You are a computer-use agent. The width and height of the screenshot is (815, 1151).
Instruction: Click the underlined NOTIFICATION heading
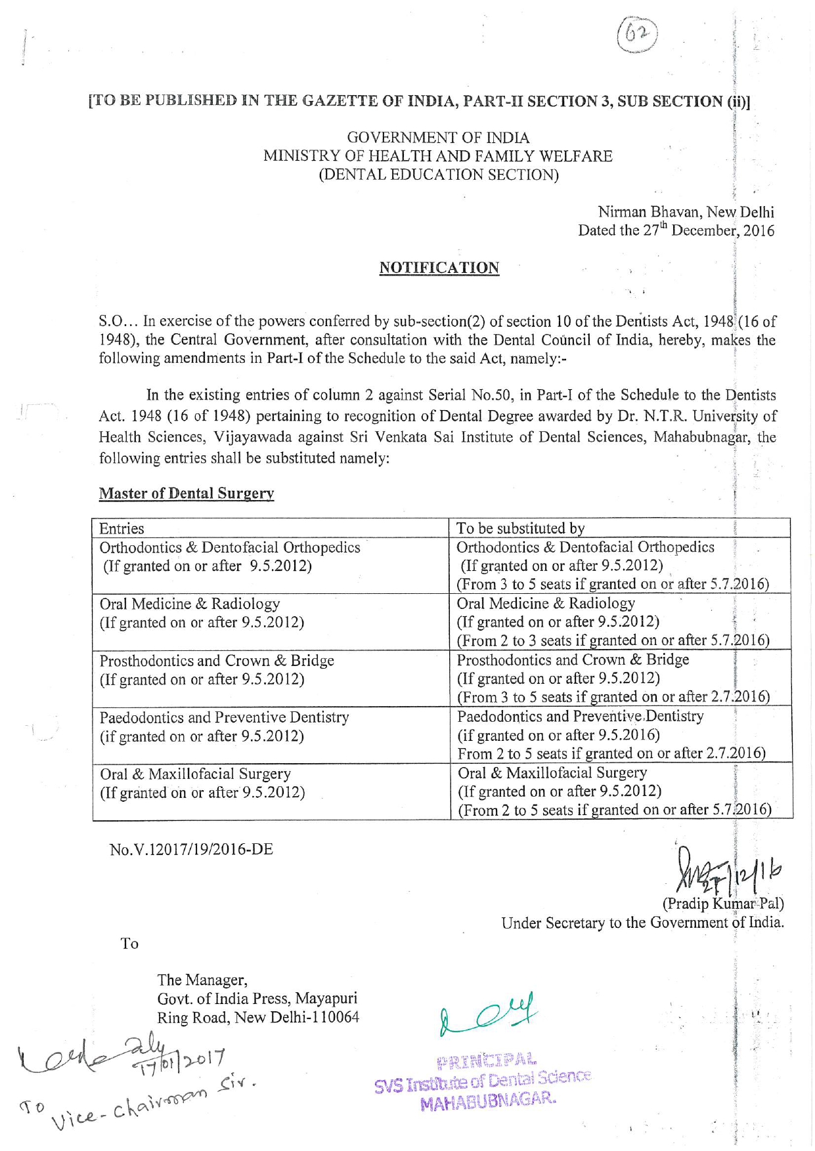[439, 268]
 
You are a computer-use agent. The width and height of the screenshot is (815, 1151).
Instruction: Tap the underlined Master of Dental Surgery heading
[186, 493]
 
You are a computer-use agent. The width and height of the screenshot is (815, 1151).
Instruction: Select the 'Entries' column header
[121, 528]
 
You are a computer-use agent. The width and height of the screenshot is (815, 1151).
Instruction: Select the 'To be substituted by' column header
[520, 528]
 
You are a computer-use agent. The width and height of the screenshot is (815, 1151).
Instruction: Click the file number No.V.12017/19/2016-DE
[191, 849]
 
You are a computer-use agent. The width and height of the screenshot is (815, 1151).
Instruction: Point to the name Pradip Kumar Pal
[723, 904]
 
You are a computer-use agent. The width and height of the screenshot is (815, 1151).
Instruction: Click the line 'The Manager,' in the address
[202, 980]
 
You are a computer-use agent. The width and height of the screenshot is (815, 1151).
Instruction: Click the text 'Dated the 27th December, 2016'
[676, 230]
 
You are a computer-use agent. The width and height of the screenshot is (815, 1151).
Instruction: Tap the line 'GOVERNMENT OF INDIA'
[438, 138]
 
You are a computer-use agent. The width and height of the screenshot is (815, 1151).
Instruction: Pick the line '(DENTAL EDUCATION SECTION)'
[438, 175]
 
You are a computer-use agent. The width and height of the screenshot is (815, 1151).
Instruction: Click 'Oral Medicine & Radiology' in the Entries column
[190, 604]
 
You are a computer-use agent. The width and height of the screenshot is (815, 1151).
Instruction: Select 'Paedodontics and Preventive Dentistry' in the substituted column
[580, 717]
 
